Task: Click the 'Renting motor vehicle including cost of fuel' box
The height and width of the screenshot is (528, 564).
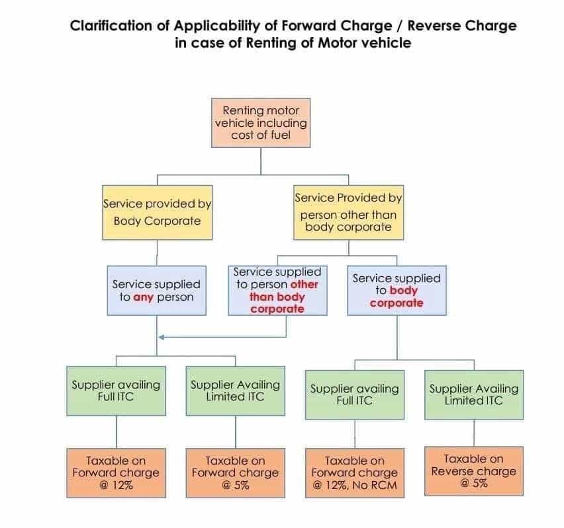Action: point(260,123)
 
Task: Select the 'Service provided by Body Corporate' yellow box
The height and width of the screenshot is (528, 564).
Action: point(157,212)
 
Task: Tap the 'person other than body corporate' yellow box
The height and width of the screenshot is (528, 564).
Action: point(348,212)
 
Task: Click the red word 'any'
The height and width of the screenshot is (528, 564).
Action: point(144,297)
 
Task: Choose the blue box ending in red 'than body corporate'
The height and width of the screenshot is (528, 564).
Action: point(277,290)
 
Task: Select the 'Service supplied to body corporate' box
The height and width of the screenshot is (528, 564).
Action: point(396,290)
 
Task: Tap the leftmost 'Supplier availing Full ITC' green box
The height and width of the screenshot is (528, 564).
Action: point(116,391)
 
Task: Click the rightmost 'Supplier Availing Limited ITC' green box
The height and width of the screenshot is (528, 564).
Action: point(473,394)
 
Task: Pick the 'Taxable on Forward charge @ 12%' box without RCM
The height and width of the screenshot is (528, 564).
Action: point(116,472)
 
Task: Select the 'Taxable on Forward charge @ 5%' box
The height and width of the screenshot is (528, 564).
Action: point(235,472)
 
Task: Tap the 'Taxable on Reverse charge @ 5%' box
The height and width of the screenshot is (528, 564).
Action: point(473,471)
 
